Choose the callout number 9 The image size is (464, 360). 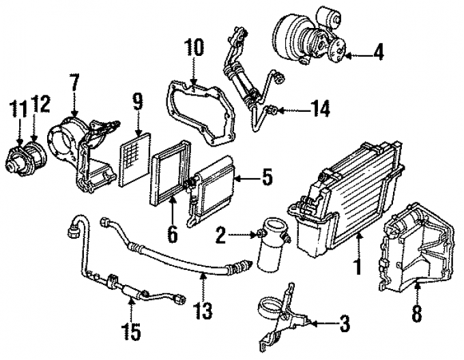point(138,104)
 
